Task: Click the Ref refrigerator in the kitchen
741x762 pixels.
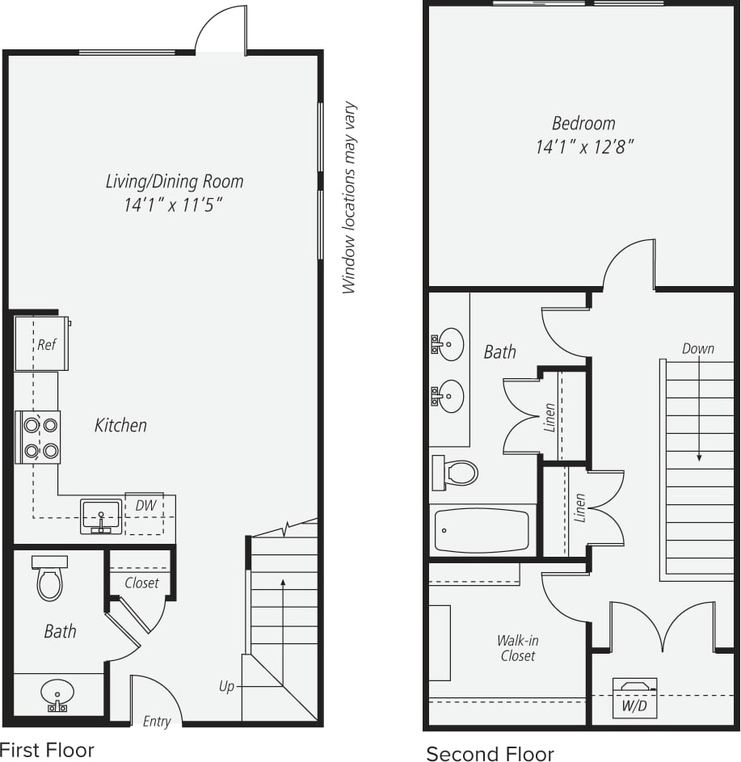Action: tap(42, 344)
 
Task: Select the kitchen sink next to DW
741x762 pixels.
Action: tap(101, 516)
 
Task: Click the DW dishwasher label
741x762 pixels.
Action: tap(145, 505)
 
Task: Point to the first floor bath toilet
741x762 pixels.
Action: tap(49, 579)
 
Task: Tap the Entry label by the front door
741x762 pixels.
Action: tap(157, 721)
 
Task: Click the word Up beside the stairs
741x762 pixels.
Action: tap(226, 686)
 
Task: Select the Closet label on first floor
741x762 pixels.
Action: tap(141, 583)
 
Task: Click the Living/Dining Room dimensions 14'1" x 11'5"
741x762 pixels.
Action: tap(173, 205)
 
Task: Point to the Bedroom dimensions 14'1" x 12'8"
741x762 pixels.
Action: tap(583, 147)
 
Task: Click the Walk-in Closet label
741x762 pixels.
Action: tap(518, 648)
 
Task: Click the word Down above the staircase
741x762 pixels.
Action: tap(697, 348)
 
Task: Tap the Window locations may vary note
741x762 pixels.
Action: tap(348, 197)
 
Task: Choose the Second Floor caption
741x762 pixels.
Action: tap(490, 754)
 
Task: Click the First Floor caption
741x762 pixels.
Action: tap(47, 750)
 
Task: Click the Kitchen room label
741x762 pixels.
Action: tap(121, 425)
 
